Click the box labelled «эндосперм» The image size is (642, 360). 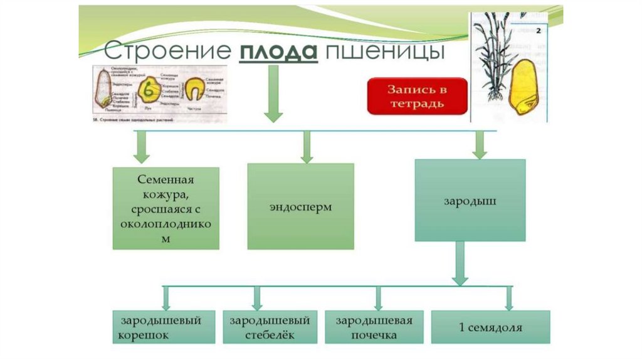[x=300, y=206]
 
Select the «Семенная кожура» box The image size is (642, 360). [x=166, y=208]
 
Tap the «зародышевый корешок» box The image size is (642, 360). [x=164, y=327]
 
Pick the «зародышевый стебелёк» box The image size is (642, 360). [x=268, y=327]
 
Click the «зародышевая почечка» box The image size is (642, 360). [x=374, y=327]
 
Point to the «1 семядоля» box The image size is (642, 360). [x=490, y=327]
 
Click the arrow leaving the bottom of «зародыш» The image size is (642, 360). [x=461, y=263]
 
